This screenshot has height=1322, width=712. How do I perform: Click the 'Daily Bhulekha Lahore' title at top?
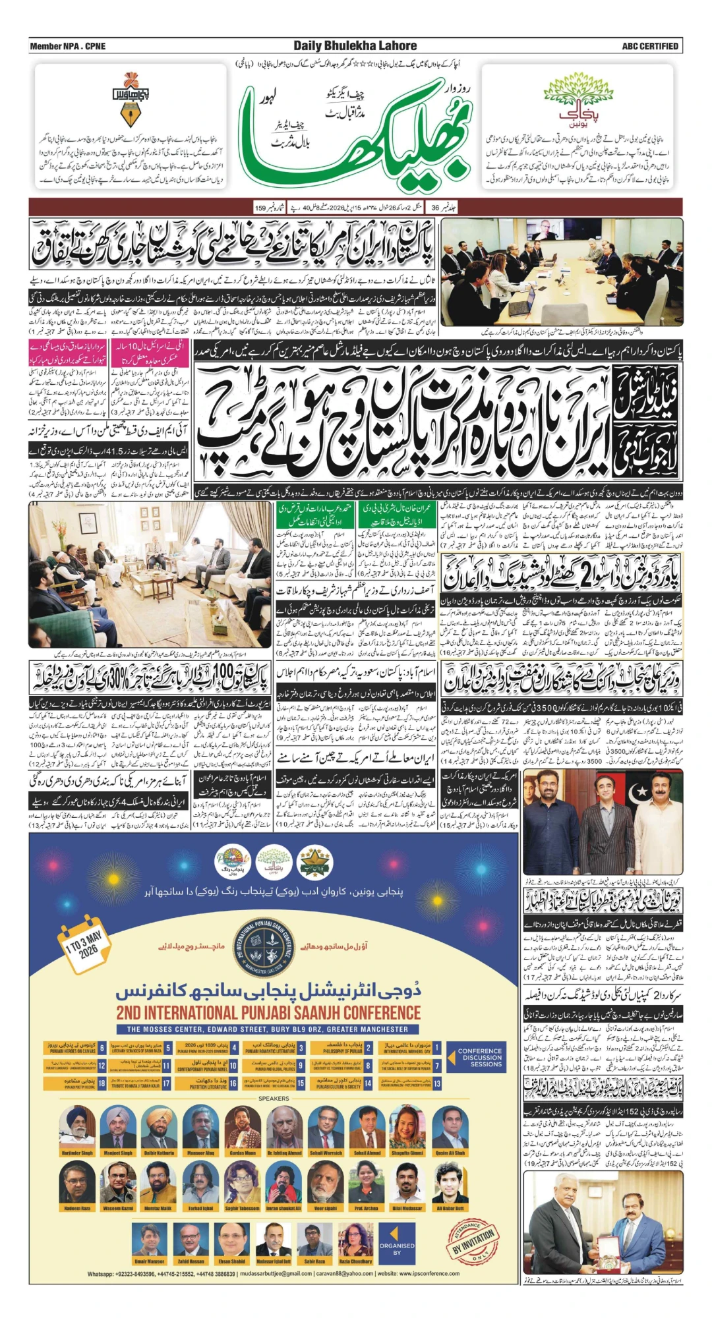[x=355, y=46]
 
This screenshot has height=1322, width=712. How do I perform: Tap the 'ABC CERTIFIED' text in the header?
[x=649, y=46]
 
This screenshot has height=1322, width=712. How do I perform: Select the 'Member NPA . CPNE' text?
[x=67, y=46]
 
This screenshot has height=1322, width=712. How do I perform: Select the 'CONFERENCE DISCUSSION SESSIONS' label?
[x=480, y=1058]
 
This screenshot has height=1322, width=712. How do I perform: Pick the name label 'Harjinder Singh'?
[x=77, y=1153]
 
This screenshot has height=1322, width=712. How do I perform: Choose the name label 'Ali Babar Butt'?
[x=450, y=1208]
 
